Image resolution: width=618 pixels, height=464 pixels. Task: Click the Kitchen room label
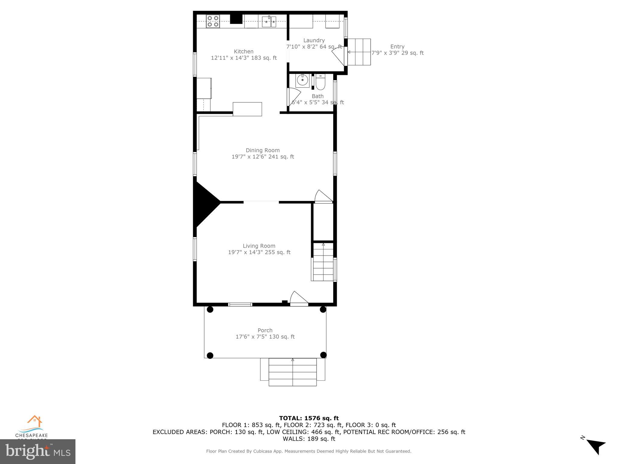click(x=244, y=51)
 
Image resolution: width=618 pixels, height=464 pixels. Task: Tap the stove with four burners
click(x=213, y=21)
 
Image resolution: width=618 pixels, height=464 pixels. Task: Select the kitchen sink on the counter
click(x=269, y=22)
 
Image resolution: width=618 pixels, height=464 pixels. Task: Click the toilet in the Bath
click(x=320, y=82)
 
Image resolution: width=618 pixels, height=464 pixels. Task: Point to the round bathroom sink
click(x=302, y=80)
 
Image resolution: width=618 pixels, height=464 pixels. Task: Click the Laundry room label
click(x=314, y=40)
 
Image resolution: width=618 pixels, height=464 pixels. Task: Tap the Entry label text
click(x=397, y=47)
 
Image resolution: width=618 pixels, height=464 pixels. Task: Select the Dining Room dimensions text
click(x=263, y=156)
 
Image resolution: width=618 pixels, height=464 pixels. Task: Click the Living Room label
click(x=259, y=246)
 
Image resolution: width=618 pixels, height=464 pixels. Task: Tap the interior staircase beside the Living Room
click(x=323, y=262)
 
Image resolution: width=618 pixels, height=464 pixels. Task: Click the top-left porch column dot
click(x=210, y=309)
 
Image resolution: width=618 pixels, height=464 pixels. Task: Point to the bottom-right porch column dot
click(x=323, y=355)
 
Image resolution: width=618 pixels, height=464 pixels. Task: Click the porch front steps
click(x=292, y=372)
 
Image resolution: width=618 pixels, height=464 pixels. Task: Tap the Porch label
click(x=265, y=330)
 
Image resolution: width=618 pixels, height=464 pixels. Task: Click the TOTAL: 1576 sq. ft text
click(x=309, y=418)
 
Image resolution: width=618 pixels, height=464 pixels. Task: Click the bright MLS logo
click(x=38, y=451)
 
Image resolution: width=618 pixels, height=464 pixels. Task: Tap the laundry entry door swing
click(x=339, y=56)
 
